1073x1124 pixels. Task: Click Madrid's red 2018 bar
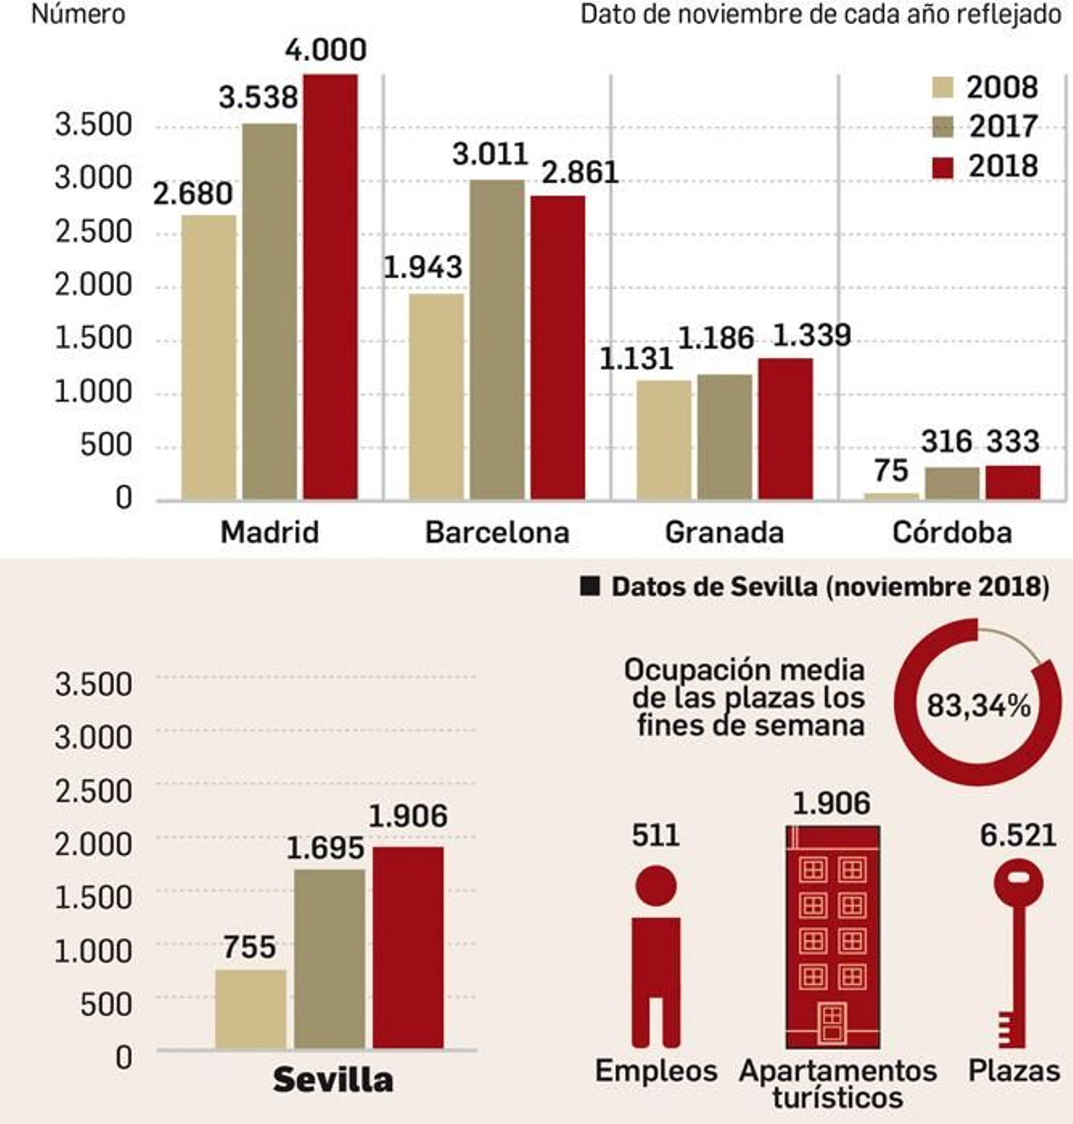click(330, 288)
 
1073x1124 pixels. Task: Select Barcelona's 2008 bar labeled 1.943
click(436, 397)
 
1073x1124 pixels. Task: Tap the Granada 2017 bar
click(724, 438)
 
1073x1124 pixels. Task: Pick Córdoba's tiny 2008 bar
click(891, 496)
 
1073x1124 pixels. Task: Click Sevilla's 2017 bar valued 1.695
click(329, 959)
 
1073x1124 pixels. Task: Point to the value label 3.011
click(490, 155)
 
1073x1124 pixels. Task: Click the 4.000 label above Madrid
click(326, 50)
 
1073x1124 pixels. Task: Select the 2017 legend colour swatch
click(943, 127)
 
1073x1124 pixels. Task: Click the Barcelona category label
click(497, 533)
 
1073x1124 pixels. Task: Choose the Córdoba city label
click(952, 533)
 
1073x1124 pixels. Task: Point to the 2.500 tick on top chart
click(93, 232)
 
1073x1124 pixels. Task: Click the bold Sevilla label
click(333, 1080)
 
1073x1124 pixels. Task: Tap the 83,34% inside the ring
click(978, 706)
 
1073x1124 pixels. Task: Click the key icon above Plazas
click(1018, 952)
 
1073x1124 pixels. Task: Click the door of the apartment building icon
click(832, 1022)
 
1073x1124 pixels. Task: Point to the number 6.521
click(1018, 835)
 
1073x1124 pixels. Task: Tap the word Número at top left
click(78, 14)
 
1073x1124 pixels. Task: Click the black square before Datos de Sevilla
click(590, 587)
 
